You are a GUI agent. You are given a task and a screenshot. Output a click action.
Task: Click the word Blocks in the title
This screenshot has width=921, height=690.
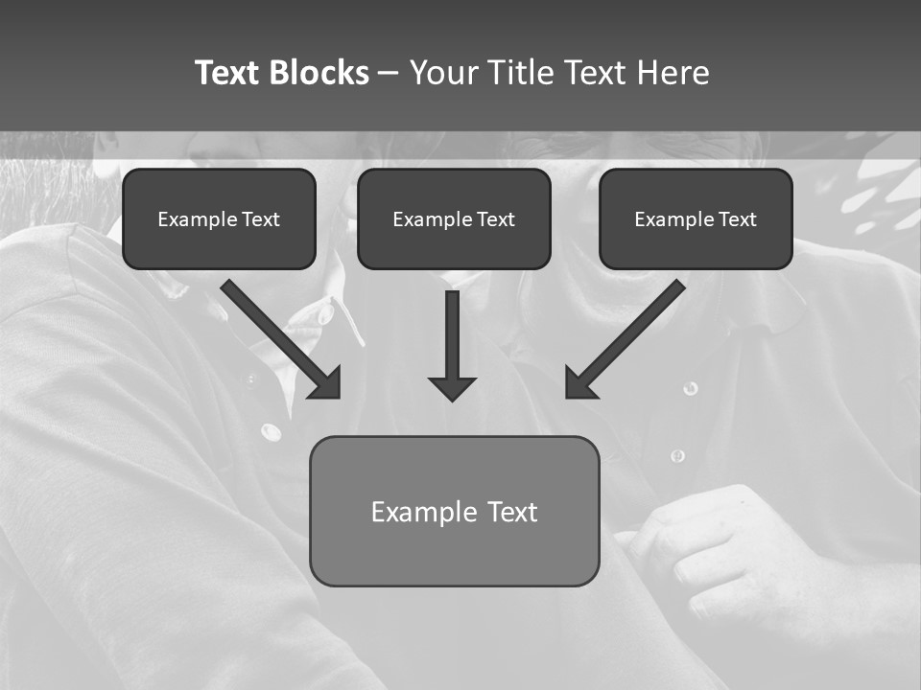(319, 73)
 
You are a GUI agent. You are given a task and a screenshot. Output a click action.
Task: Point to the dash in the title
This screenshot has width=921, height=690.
(389, 74)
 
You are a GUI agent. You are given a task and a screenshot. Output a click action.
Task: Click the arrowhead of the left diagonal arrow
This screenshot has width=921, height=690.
(326, 383)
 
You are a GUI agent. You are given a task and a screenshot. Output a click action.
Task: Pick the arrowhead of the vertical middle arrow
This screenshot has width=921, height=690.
(452, 389)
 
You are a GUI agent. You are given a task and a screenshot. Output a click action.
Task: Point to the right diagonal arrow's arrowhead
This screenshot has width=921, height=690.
(579, 383)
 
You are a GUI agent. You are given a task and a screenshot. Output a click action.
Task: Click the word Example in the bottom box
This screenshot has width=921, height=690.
(424, 512)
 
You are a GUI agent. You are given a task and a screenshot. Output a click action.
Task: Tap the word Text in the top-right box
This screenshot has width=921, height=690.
(737, 219)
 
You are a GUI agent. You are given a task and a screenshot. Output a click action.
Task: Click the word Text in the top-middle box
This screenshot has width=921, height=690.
(495, 219)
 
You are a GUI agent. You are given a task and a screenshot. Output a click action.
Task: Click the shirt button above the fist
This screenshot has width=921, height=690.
(678, 455)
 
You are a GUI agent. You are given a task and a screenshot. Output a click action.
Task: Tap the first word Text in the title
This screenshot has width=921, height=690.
(227, 73)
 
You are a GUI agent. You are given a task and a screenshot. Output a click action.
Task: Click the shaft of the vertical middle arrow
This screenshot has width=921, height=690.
(452, 331)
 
